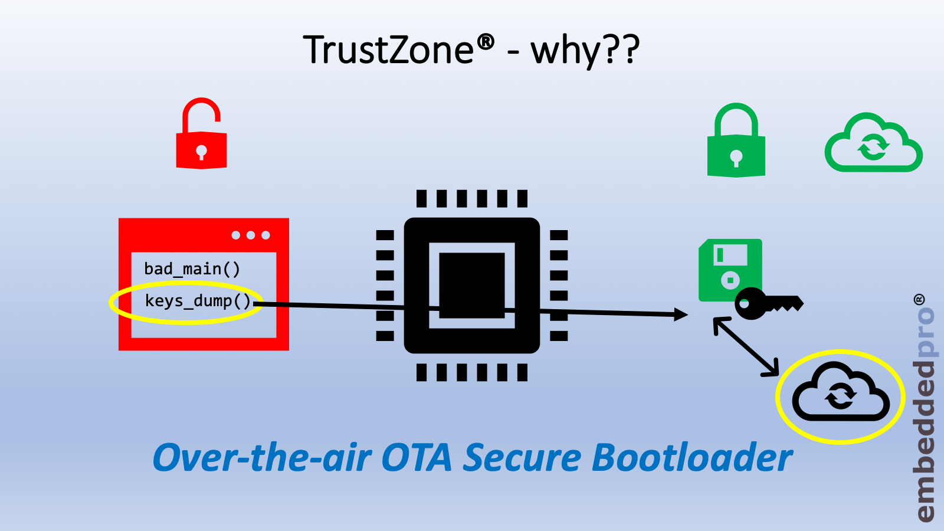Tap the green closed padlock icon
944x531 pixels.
[x=736, y=142]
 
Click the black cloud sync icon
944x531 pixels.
[x=841, y=393]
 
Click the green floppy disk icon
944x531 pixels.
[x=730, y=268]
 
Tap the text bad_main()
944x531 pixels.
[x=192, y=269]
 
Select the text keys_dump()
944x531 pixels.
[x=198, y=301]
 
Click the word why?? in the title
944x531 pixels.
[x=585, y=51]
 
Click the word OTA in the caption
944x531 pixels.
[x=417, y=458]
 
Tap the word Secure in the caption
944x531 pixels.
[x=522, y=458]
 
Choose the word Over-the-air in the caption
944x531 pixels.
[x=262, y=458]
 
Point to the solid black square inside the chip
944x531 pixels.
[x=471, y=285]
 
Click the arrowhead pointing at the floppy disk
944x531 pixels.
[x=681, y=314]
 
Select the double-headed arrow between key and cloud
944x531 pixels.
[x=746, y=347]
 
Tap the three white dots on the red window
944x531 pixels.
[x=251, y=235]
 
